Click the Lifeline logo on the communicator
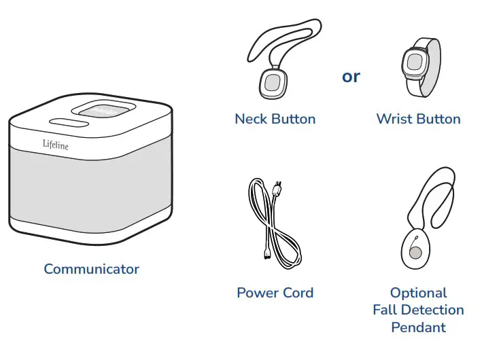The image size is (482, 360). [55, 145]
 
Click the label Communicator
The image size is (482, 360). [91, 269]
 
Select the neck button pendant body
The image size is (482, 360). [272, 83]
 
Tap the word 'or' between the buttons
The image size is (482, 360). [351, 76]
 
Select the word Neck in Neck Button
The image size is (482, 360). [251, 119]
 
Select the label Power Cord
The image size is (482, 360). [275, 293]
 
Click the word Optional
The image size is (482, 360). [418, 293]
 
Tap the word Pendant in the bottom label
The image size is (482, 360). [418, 327]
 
